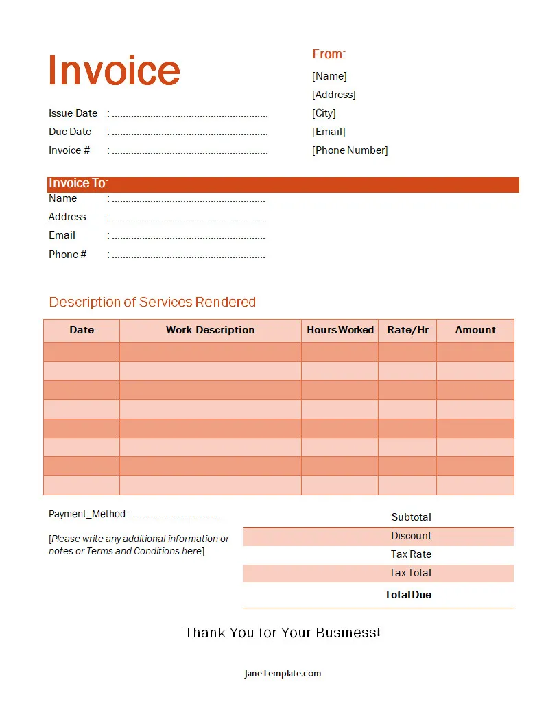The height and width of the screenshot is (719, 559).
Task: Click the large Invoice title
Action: pos(114,70)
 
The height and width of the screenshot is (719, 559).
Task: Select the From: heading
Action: pos(329,54)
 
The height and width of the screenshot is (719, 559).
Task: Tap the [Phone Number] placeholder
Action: pos(350,150)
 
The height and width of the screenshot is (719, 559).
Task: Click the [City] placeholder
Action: pos(324,113)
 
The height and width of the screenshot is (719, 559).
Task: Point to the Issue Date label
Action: pos(73,113)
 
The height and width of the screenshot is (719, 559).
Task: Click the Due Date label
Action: pos(70,132)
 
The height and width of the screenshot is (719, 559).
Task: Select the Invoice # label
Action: pos(69,150)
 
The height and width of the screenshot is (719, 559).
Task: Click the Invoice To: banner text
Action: pos(78,184)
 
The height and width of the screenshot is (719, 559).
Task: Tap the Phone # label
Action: pos(67,255)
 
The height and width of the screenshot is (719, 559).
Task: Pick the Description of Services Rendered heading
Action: pos(152,302)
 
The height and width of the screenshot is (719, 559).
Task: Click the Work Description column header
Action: pos(210,330)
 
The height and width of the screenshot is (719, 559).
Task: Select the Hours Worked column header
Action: pos(340,330)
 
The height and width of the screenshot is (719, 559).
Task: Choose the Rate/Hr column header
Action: pos(407,330)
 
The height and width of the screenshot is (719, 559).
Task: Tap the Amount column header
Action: pos(475,330)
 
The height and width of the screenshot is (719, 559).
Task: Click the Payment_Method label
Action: pos(88,515)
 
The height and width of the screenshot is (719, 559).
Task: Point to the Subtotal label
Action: pos(411,517)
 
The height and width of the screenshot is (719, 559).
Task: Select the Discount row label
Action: pos(411,536)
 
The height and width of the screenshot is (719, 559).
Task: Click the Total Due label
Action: pos(408,595)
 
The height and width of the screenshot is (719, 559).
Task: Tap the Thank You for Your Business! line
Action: pos(282,633)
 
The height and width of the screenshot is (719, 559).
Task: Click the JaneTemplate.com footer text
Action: pos(282,674)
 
